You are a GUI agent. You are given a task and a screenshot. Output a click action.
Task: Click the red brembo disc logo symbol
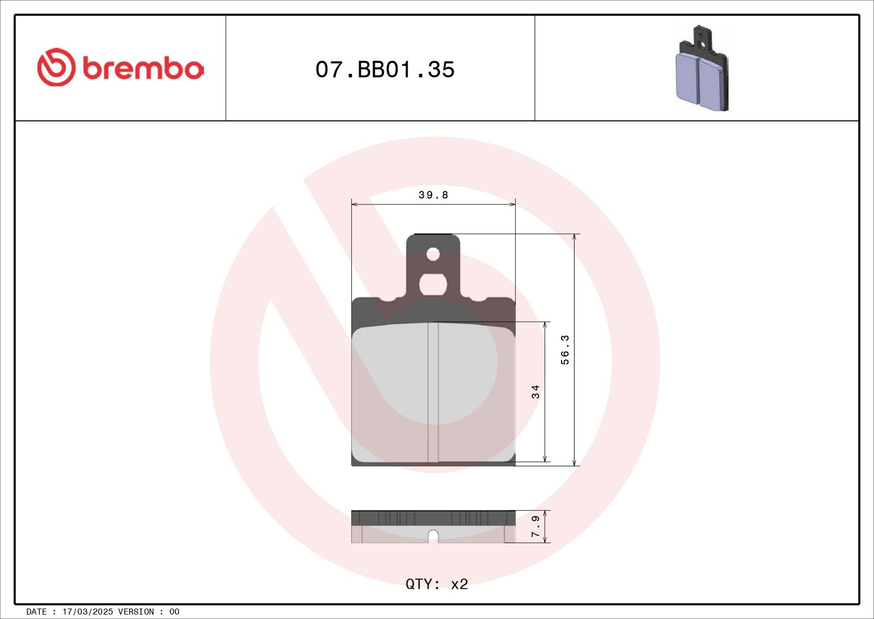[56, 67]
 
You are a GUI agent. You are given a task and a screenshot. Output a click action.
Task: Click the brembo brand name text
[143, 69]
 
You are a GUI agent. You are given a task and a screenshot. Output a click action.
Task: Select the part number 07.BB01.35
[385, 69]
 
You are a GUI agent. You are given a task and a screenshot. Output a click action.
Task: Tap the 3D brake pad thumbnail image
[702, 69]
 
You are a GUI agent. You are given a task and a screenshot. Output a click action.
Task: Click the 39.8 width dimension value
[433, 195]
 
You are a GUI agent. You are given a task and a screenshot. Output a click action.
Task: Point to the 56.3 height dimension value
[565, 350]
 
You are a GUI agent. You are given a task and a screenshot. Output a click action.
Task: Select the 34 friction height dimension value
[535, 392]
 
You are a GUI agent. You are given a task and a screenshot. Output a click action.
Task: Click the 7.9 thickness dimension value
[535, 527]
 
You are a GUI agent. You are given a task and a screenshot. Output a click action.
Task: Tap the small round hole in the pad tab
[433, 255]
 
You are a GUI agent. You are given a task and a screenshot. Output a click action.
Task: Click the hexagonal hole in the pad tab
[433, 284]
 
